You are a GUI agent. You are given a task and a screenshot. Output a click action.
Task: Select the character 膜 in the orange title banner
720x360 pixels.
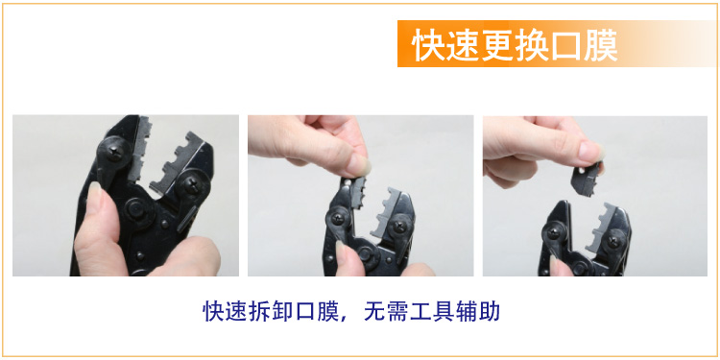click(601, 44)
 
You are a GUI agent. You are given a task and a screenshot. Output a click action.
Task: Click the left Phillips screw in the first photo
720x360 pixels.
click(114, 150)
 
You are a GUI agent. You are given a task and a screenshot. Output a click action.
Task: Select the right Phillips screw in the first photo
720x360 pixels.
click(192, 184)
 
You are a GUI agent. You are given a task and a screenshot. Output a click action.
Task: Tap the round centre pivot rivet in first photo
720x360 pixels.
click(137, 209)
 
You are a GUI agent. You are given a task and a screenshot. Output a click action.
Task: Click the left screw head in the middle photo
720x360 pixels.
click(339, 218)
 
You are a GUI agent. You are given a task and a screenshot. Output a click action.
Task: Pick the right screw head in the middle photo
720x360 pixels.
click(401, 226)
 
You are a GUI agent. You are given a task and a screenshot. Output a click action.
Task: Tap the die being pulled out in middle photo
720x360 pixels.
click(357, 191)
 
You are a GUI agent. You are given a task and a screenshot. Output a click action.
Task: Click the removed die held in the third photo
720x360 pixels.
click(587, 180)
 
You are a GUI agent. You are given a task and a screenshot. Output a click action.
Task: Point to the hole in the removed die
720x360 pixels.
click(583, 172)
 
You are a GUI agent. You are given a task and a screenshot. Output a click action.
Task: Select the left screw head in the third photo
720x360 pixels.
click(555, 230)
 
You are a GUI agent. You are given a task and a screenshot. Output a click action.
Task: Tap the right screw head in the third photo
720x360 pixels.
click(614, 238)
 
